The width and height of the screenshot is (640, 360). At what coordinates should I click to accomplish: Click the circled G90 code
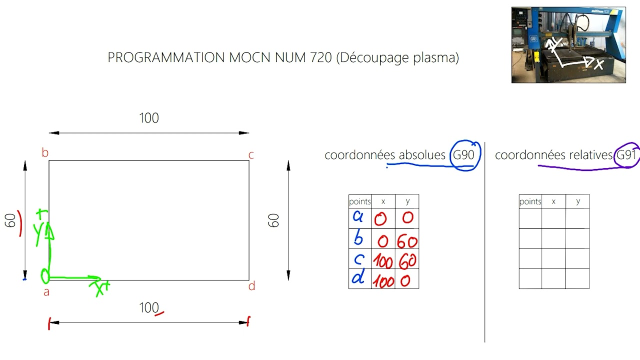click(x=463, y=155)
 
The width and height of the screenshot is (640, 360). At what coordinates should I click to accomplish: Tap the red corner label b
click(x=45, y=152)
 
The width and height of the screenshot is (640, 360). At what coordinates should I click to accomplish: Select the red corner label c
click(x=251, y=155)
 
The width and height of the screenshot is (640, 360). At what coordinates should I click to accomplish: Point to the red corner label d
click(x=251, y=286)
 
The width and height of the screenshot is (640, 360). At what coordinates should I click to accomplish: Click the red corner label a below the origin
click(x=46, y=292)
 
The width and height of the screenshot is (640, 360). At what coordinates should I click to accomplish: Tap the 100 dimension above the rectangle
click(x=149, y=118)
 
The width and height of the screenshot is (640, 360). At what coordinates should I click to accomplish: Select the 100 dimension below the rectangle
click(x=149, y=307)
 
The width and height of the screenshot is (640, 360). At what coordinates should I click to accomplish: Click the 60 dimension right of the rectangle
click(x=273, y=220)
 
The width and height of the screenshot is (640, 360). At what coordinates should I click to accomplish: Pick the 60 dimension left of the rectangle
click(x=10, y=220)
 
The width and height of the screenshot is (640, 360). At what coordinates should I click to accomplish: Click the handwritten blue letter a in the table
click(x=357, y=216)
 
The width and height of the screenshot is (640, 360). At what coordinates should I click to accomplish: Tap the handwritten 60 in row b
click(x=407, y=241)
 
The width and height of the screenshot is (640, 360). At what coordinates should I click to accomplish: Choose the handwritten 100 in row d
click(x=383, y=281)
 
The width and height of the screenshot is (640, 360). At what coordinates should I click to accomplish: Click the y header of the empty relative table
click(x=578, y=201)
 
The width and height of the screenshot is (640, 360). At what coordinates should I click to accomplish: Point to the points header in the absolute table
click(x=360, y=201)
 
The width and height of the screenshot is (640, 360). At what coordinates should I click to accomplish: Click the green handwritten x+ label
click(x=99, y=288)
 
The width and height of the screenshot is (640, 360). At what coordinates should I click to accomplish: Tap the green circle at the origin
click(x=45, y=276)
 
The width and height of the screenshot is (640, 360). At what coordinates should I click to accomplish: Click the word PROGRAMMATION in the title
click(x=166, y=57)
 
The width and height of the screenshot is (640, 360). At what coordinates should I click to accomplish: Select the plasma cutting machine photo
click(x=568, y=45)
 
